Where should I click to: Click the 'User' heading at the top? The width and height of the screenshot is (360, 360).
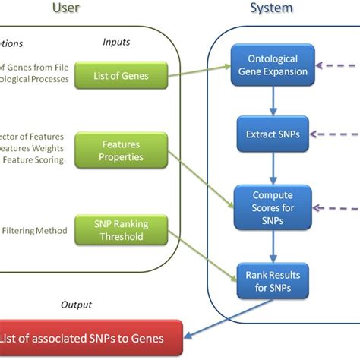click(66, 8)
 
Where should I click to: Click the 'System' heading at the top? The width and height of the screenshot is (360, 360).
click(271, 8)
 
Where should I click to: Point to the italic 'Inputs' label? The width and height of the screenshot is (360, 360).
click(116, 43)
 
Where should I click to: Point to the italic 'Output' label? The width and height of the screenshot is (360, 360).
click(76, 305)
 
